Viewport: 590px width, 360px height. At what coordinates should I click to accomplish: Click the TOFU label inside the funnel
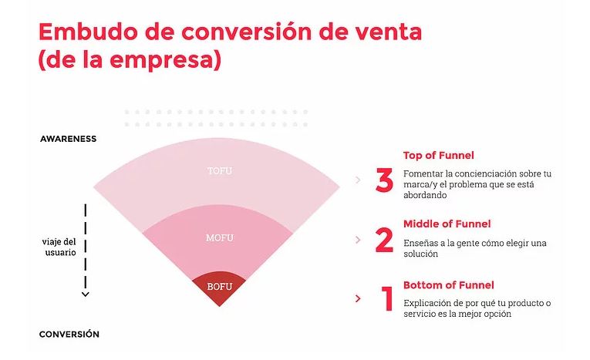click(x=220, y=171)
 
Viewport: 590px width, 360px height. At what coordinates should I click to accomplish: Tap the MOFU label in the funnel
click(x=220, y=237)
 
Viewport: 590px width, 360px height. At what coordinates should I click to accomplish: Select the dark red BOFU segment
click(x=219, y=288)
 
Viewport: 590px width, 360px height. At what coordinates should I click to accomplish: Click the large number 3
click(x=385, y=180)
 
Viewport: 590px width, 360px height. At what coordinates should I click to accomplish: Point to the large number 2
click(x=384, y=240)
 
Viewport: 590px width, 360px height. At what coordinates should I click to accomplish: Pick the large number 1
click(x=387, y=298)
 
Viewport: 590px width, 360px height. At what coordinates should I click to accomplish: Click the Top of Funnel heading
click(x=438, y=156)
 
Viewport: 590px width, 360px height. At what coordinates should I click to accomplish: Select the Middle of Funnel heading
click(x=447, y=224)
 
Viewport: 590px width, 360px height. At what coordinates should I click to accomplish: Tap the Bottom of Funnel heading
click(x=449, y=285)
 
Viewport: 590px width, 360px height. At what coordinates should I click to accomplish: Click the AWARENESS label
click(x=68, y=139)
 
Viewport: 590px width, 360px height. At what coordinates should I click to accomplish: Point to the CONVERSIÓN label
click(x=69, y=334)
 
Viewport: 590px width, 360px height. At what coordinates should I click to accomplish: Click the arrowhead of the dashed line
click(x=86, y=294)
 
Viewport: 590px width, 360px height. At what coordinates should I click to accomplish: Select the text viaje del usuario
click(x=59, y=247)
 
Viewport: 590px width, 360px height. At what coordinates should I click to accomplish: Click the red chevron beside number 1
click(x=358, y=298)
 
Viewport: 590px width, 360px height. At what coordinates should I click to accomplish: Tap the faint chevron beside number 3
click(x=358, y=180)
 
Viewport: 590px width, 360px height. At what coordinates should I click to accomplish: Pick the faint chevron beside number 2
click(x=358, y=240)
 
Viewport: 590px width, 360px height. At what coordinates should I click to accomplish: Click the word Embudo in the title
click(x=89, y=32)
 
